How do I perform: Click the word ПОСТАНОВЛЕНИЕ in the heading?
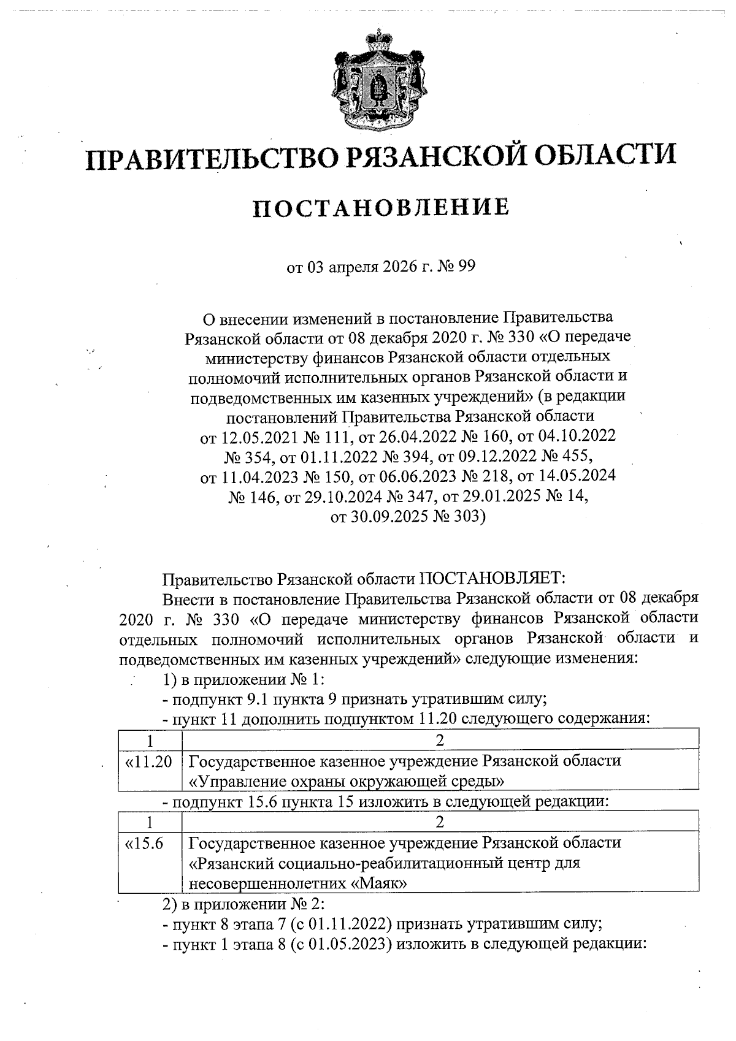381,208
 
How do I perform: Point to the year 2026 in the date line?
386,268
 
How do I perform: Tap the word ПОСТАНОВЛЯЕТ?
496,578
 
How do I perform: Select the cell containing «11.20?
148,762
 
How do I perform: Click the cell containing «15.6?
145,844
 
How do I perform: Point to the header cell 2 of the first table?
440,739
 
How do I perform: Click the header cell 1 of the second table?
149,821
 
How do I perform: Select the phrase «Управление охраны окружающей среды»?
347,782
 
